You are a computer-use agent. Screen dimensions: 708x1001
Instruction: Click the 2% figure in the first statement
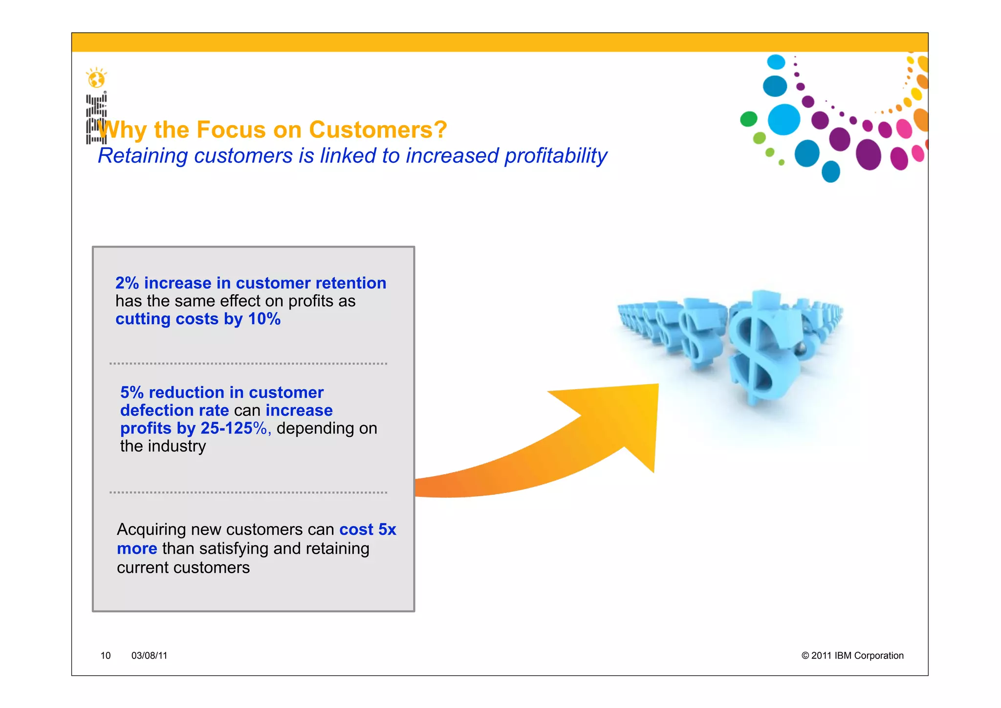pyautogui.click(x=127, y=283)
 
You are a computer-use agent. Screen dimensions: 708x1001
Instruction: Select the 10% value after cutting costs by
pyautogui.click(x=264, y=319)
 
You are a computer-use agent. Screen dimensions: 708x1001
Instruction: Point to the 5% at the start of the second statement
pyautogui.click(x=132, y=393)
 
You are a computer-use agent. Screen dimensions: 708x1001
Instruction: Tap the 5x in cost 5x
pyautogui.click(x=387, y=530)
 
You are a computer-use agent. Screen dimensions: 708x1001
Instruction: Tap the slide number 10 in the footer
pyautogui.click(x=106, y=656)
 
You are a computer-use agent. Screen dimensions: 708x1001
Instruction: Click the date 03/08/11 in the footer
pyautogui.click(x=149, y=656)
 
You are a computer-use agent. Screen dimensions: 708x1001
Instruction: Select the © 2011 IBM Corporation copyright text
pyautogui.click(x=852, y=656)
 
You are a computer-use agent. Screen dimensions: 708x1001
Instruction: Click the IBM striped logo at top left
pyautogui.click(x=96, y=119)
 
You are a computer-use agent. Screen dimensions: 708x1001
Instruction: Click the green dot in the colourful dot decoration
pyautogui.click(x=748, y=119)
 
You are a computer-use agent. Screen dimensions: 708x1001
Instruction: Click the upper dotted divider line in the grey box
pyautogui.click(x=248, y=364)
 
